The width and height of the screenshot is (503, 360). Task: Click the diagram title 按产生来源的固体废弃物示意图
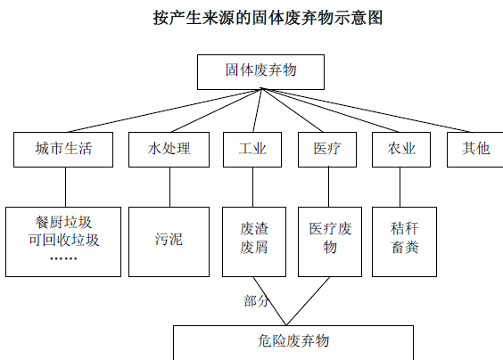tap(268, 18)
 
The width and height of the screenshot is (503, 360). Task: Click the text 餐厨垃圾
tap(63, 222)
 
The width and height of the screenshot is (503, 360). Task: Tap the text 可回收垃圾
tap(63, 240)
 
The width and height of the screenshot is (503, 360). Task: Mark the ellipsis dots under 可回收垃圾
tap(63, 258)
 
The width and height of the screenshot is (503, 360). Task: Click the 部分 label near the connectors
tap(256, 301)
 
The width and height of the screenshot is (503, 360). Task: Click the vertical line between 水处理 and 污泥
tap(170, 187)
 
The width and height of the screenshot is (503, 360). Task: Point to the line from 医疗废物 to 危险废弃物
tap(308, 301)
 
